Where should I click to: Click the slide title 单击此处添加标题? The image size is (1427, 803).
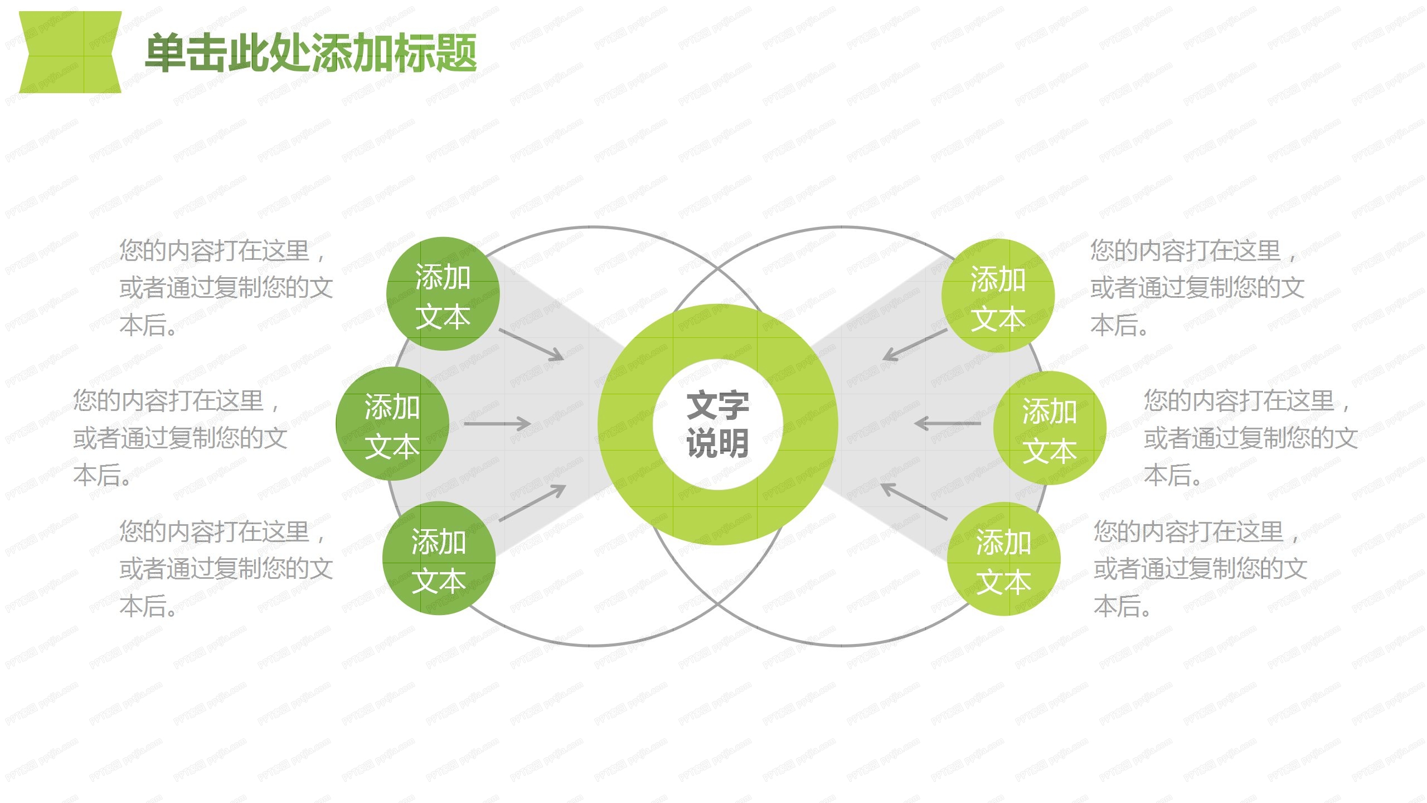310,53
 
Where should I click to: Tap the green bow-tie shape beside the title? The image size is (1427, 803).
70,52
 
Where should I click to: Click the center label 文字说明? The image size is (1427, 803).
717,424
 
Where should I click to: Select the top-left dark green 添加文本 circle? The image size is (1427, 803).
443,294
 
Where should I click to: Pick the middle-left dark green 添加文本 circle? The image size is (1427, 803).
392,424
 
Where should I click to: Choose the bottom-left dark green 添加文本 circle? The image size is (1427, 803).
439,558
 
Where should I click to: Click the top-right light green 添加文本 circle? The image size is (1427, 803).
998,296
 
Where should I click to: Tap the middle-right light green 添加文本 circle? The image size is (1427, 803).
1049,428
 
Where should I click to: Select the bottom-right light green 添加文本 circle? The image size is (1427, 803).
1003,559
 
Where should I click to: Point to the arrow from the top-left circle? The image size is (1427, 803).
531,344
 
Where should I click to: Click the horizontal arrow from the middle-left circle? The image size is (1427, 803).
497,424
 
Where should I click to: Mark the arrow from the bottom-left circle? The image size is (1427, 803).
532,503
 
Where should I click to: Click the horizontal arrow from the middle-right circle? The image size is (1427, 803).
948,424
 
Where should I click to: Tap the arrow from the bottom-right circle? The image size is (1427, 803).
914,501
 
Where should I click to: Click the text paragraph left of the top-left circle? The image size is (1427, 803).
226,288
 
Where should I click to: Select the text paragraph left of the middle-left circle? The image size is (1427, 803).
179,438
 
